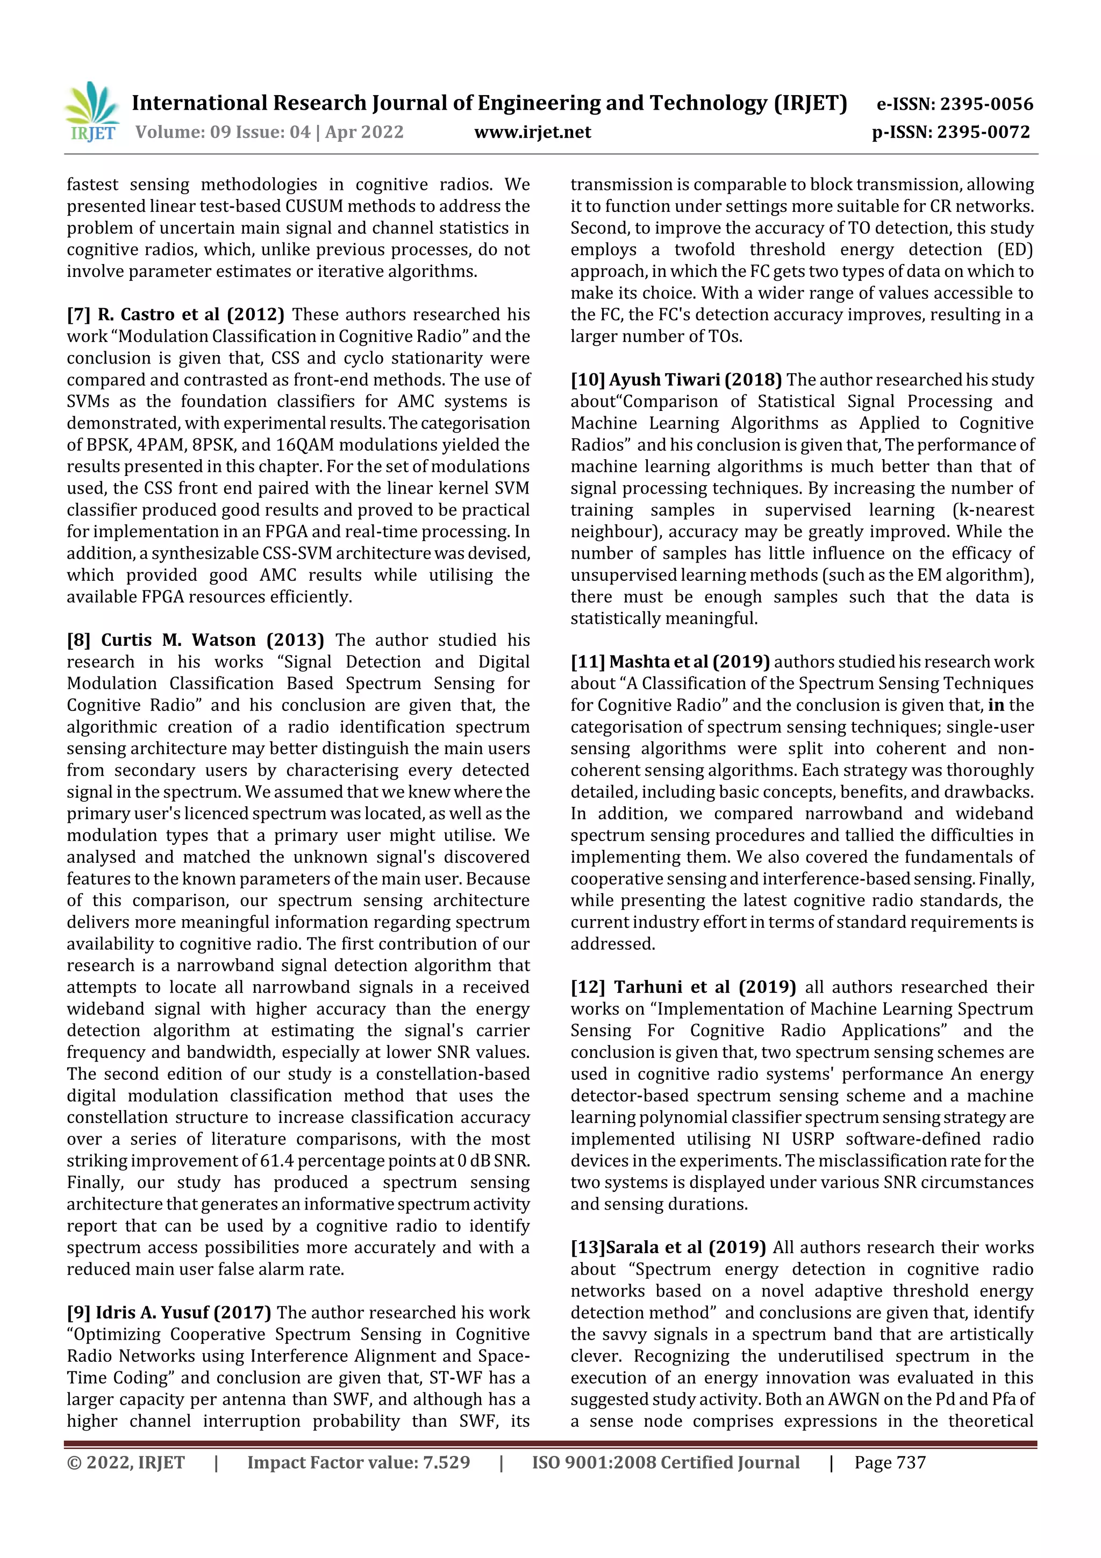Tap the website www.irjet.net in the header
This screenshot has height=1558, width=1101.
coord(533,132)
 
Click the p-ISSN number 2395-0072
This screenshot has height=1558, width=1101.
coord(984,132)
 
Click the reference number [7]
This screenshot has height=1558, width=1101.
coord(78,314)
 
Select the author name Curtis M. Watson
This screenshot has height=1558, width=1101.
coord(178,640)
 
